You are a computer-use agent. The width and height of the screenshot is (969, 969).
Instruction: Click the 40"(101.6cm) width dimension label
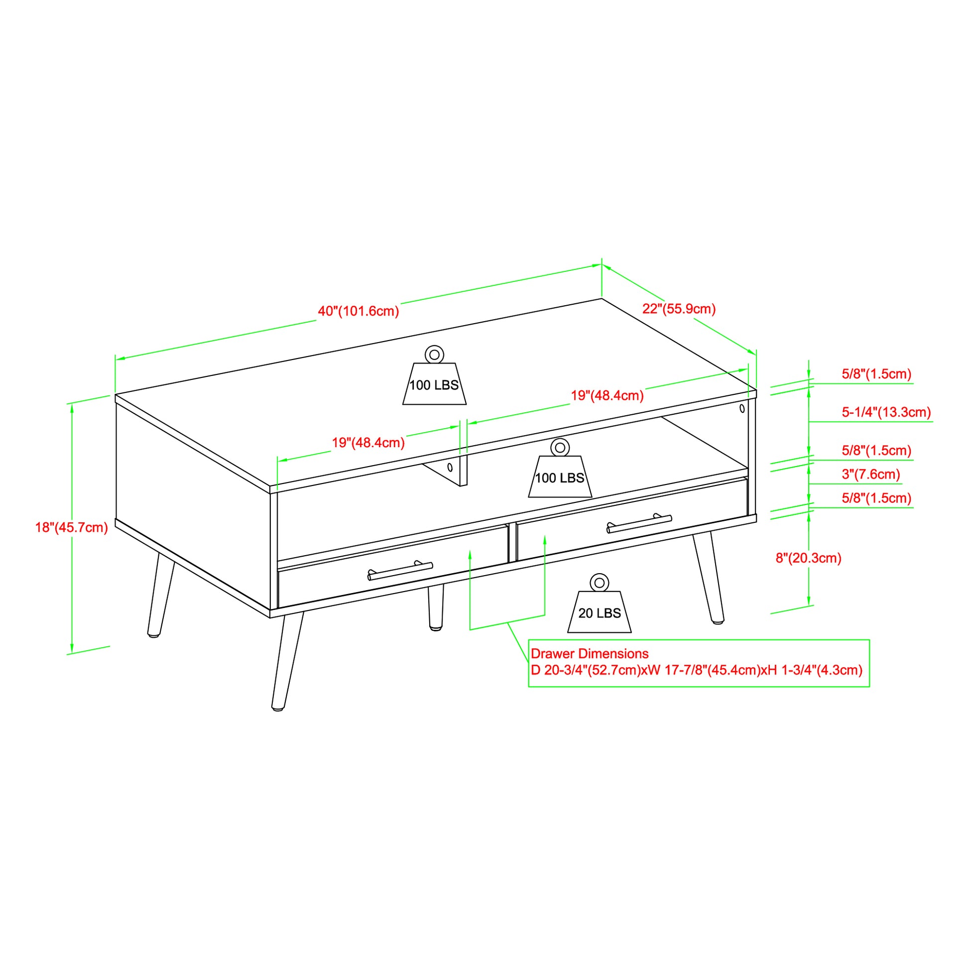[358, 312]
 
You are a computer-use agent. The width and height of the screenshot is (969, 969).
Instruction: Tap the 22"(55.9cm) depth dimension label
[679, 309]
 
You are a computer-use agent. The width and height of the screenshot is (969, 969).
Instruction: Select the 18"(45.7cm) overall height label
[71, 528]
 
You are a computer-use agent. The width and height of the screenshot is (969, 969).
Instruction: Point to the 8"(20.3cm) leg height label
[809, 558]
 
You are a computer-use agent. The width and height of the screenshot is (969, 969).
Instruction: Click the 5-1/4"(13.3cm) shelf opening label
[886, 412]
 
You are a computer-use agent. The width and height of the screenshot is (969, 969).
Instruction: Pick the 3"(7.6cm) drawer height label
[871, 474]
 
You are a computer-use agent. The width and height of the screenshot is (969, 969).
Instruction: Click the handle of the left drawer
[400, 571]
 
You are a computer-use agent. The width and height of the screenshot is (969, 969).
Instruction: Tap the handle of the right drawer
[639, 524]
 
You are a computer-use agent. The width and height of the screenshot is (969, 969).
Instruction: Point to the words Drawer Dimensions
[590, 654]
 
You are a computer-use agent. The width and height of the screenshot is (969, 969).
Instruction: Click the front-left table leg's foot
[277, 708]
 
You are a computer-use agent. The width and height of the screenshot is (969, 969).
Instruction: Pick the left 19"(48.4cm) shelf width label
[368, 443]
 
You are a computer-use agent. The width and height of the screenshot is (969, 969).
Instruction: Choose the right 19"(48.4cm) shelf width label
[607, 396]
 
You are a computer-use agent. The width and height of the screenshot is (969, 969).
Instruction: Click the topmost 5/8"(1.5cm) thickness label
[876, 373]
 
